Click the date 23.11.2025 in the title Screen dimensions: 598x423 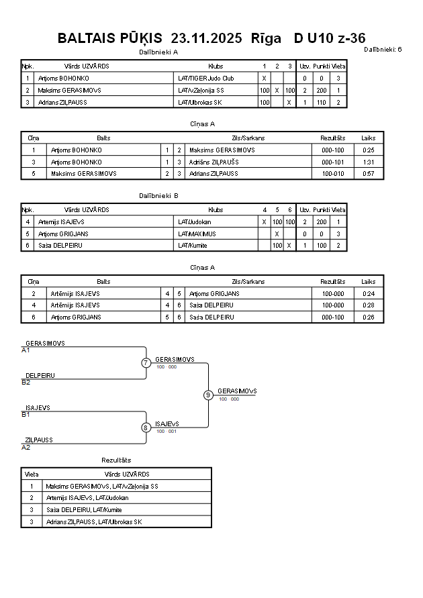tap(206, 38)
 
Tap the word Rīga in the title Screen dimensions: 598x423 tap(266, 38)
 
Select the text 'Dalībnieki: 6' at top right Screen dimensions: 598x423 tap(383, 49)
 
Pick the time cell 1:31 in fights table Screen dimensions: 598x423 tap(368, 162)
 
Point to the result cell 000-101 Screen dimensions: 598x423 tap(332, 162)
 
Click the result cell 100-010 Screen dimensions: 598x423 tap(332, 173)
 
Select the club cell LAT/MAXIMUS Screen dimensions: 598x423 tap(197, 234)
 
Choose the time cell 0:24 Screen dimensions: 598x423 tap(368, 293)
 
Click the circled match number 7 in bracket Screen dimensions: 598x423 tap(146, 363)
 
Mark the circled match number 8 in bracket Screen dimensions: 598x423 tap(146, 428)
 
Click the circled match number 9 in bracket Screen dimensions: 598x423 tap(208, 395)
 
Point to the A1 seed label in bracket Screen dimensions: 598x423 tap(26, 350)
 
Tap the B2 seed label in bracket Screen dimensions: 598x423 tap(26, 382)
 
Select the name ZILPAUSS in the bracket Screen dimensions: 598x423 tap(39, 440)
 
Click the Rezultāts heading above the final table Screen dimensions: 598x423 tap(116, 460)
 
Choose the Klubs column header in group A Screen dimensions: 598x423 tap(216, 66)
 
